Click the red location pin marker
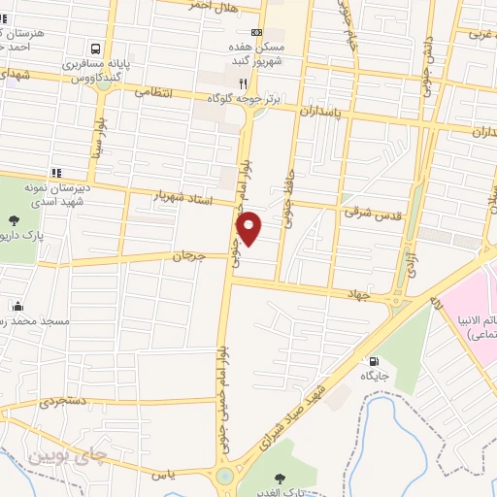[x=249, y=227]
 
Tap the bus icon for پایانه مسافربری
[x=95, y=48]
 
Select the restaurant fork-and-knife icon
[x=241, y=83]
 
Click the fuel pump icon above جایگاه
[x=374, y=361]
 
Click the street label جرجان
[x=191, y=257]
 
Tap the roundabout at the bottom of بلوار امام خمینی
[x=226, y=477]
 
